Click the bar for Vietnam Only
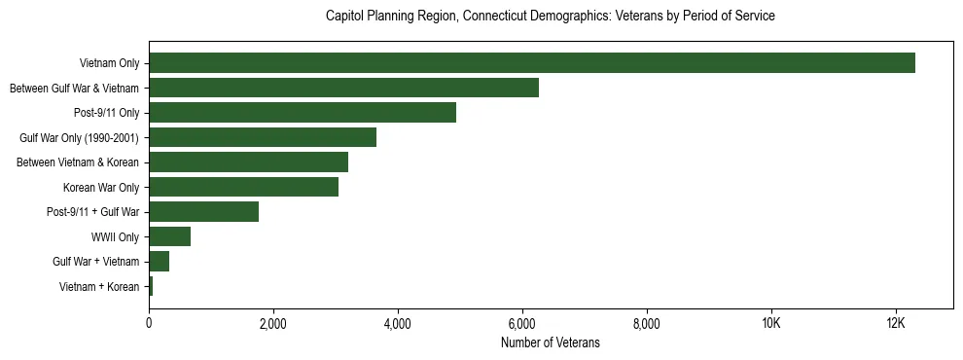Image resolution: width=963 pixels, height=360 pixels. [532, 63]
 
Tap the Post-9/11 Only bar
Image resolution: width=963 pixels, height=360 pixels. [303, 113]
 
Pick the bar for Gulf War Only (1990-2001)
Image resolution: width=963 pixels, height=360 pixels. [263, 137]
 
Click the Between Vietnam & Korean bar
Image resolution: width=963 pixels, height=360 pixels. [248, 162]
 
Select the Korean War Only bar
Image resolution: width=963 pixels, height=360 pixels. [243, 187]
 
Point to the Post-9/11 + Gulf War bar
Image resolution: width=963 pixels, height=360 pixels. [203, 212]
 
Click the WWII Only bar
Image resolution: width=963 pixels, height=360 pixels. [169, 236]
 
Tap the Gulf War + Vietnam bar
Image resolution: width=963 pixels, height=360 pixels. [159, 262]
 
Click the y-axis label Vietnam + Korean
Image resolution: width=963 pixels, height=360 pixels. [99, 287]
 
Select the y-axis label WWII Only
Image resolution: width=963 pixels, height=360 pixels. [115, 236]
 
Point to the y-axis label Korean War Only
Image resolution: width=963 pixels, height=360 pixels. [101, 187]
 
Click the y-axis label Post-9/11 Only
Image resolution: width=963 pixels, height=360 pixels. [106, 113]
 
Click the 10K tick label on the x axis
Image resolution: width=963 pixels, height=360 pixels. [770, 323]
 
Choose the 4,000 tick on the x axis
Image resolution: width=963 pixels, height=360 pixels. [398, 323]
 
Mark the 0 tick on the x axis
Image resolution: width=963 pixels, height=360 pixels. [149, 323]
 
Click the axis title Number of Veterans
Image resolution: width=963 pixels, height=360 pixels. [550, 342]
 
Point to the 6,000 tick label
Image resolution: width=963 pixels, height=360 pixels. [522, 323]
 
